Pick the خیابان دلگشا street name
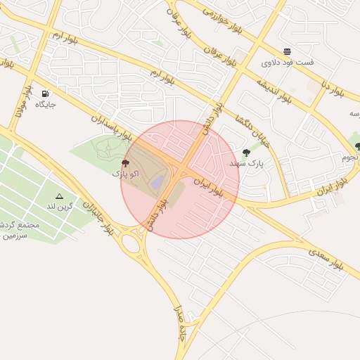tap(252, 129)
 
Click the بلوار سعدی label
tap(326, 256)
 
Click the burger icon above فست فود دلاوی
tap(287, 51)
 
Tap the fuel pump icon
tap(46, 94)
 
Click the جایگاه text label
tap(46, 104)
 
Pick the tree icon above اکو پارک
tap(126, 163)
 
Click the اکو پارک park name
tap(126, 173)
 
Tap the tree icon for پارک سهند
tap(245, 153)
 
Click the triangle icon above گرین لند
tap(59, 196)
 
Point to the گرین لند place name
tap(59, 207)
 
